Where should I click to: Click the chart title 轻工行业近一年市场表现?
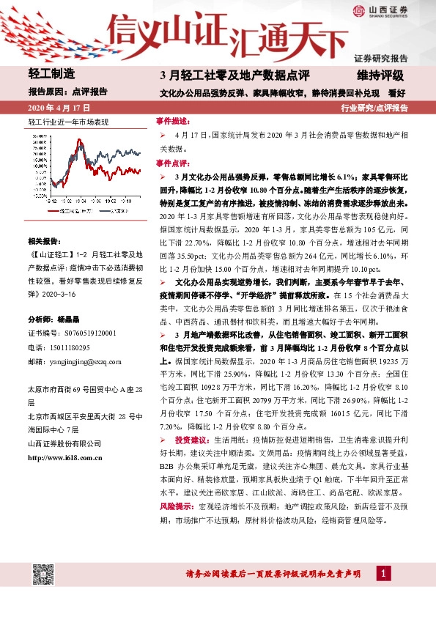pos(67,120)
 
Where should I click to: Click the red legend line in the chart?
pos(43,211)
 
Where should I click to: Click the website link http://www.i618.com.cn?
pos(64,458)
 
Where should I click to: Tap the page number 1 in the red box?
pos(383,572)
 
